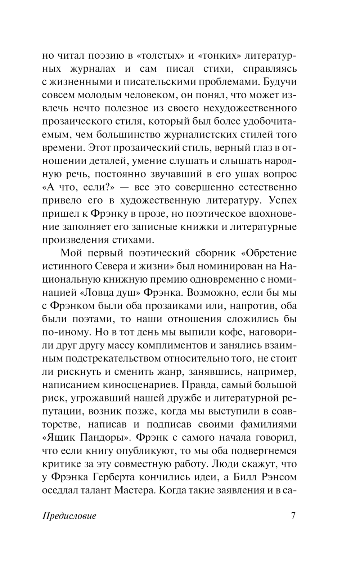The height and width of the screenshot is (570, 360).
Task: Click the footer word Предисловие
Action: [69, 516]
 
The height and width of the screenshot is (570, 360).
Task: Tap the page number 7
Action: [293, 516]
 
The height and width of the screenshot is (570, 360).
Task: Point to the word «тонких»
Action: [219, 55]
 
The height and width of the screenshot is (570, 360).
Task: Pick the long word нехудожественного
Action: [250, 108]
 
